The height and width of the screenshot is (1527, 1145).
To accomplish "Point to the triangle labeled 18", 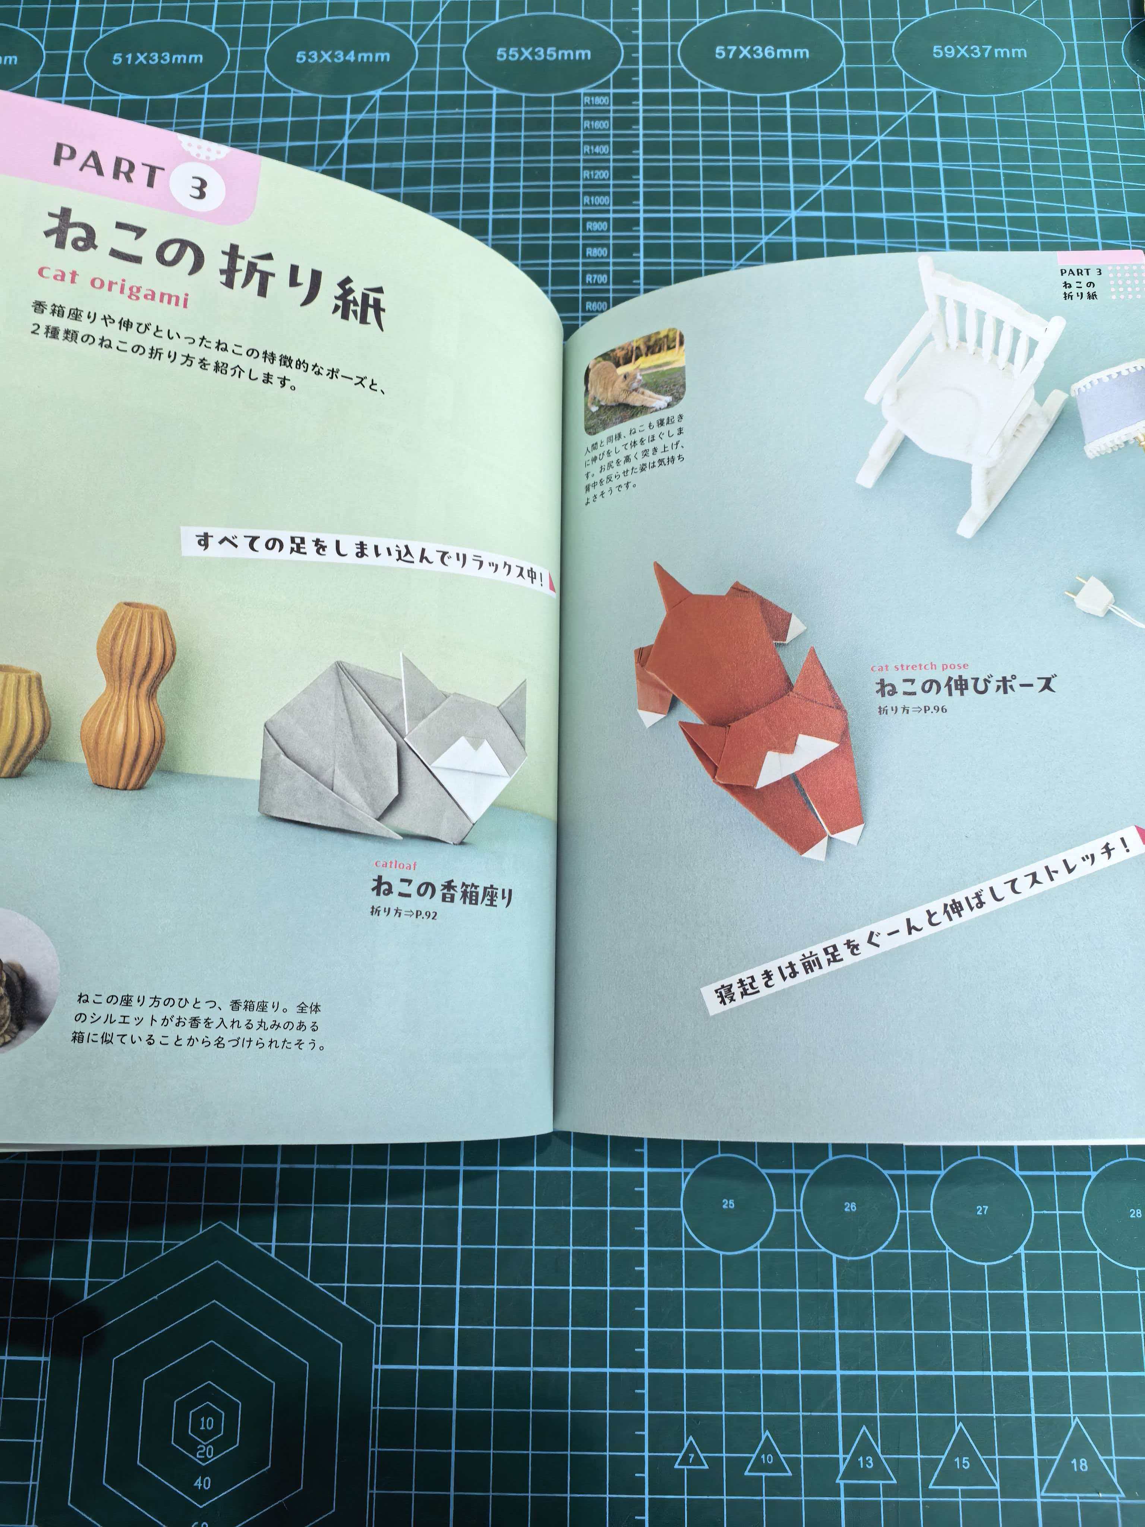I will pos(1079,1461).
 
